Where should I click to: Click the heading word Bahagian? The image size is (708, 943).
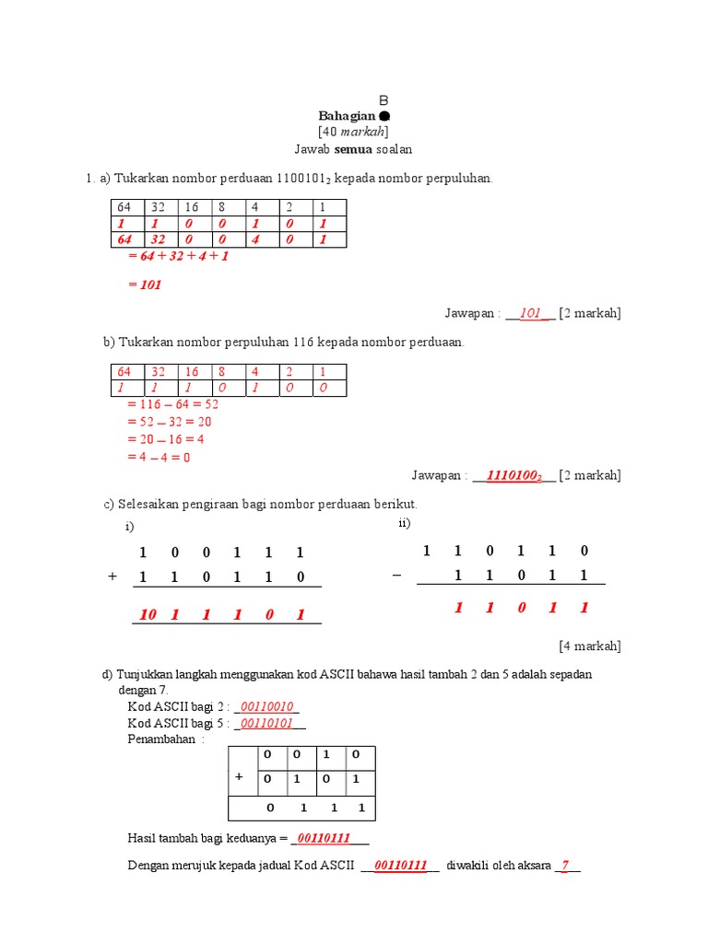pos(348,116)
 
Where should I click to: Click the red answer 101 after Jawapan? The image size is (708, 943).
pos(530,313)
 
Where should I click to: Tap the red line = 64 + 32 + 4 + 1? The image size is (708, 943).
pos(178,256)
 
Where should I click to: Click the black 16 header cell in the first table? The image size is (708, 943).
pos(191,207)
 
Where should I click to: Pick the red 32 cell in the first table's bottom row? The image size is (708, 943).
pos(159,239)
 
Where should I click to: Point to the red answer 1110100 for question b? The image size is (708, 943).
pos(513,475)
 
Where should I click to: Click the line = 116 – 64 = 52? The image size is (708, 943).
pos(172,404)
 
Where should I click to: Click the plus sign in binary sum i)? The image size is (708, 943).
pos(112,576)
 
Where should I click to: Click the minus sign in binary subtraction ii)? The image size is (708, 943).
pos(396,575)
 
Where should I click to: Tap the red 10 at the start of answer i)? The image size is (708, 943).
pos(147,615)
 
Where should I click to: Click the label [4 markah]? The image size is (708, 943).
pos(590,646)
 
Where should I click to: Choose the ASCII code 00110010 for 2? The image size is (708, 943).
pos(266,706)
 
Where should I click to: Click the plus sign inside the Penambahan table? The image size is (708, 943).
pos(239,776)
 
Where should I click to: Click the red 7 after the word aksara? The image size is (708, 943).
pos(565,866)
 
